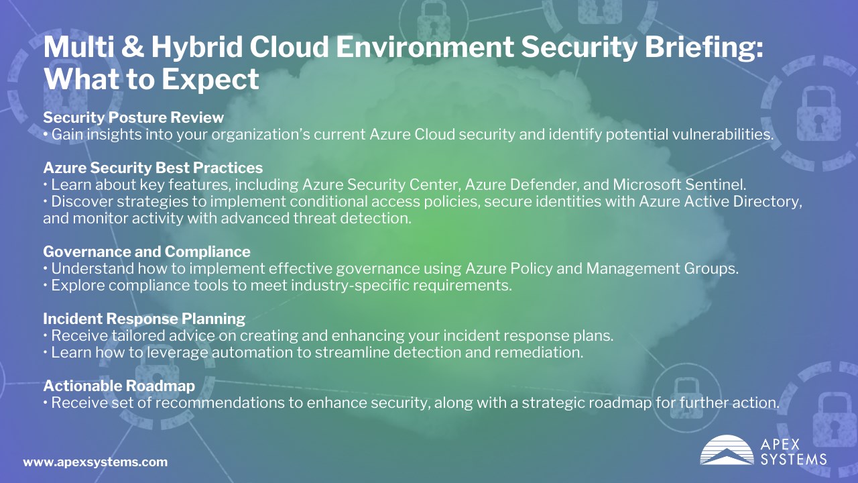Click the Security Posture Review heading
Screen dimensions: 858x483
[133, 117]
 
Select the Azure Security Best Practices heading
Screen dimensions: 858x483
[153, 168]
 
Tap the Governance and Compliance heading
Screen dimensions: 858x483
[147, 252]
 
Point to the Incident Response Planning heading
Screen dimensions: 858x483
[144, 319]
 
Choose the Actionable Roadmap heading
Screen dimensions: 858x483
[119, 386]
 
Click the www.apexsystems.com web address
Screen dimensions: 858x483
[95, 462]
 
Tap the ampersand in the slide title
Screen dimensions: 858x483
[133, 47]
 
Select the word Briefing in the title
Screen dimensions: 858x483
[704, 48]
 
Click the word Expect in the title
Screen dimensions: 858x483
[210, 80]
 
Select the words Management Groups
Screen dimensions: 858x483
[662, 269]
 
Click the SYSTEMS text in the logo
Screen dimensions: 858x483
[793, 460]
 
